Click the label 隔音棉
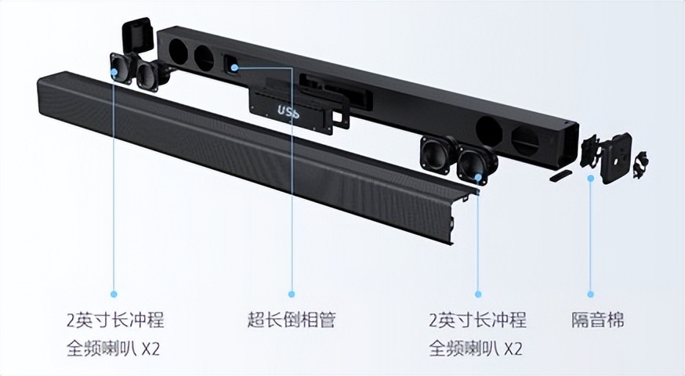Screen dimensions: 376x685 tap(598, 320)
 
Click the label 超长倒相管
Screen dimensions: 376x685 tap(291, 320)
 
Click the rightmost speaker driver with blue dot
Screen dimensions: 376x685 tap(477, 163)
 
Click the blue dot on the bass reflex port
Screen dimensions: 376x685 tap(234, 67)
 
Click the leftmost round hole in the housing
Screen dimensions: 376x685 tap(178, 52)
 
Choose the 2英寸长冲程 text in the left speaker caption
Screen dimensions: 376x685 tap(115, 320)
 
